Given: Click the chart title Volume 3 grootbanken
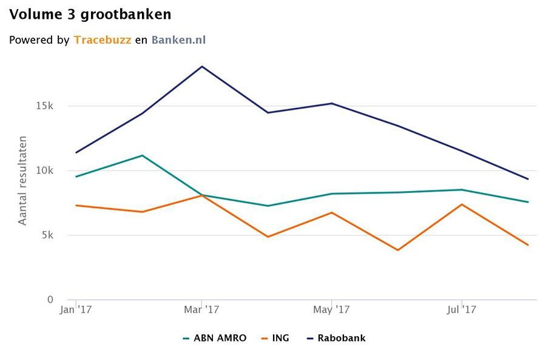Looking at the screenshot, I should (x=90, y=13).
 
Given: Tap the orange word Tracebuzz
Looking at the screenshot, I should (x=103, y=40).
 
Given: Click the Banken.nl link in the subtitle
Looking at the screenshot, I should (x=179, y=40).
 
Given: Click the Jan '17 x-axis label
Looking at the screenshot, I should (x=76, y=311).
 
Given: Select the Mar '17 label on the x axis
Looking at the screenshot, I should (x=202, y=311).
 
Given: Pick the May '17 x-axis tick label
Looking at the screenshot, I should (x=332, y=311).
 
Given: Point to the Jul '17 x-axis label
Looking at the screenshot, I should (x=461, y=311).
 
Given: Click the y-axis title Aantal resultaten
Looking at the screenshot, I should (x=23, y=181).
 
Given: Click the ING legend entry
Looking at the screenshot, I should (x=275, y=338).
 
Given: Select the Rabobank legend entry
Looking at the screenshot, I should (x=336, y=338).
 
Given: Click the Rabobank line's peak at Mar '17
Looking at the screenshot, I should (x=202, y=67).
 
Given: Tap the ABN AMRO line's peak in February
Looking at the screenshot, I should (x=142, y=155).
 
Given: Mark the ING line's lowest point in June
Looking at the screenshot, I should (x=398, y=250).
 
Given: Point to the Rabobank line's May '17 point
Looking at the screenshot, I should (x=332, y=103).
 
